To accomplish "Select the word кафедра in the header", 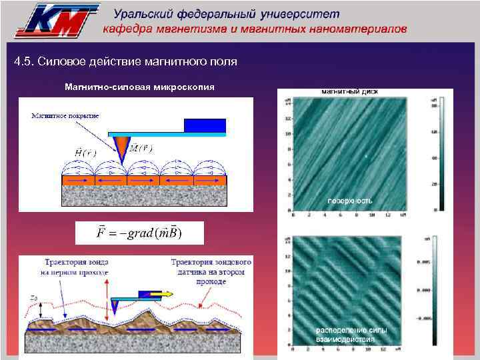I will click(126, 29).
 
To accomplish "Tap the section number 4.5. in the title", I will click(24, 62).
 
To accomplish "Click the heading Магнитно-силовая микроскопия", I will click(139, 87).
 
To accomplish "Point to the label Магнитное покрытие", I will click(65, 115).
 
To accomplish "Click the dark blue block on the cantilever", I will click(205, 125).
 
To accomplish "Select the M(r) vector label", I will click(139, 148).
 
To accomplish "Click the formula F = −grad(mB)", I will click(139, 233).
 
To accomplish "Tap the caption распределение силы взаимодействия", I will click(351, 335).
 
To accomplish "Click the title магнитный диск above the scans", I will click(351, 91).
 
